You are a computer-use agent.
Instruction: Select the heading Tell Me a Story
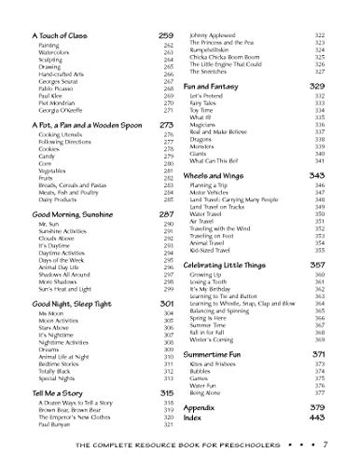50,394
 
